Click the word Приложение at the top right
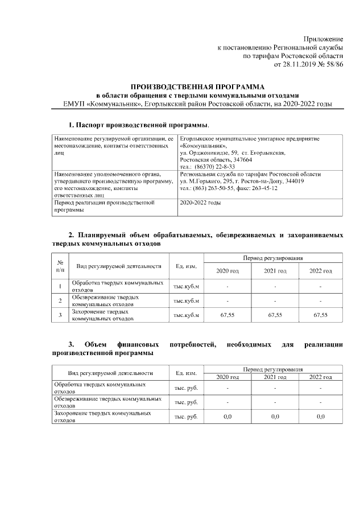click(x=323, y=38)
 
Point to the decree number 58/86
click(x=331, y=65)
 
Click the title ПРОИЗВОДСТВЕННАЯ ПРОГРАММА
click(x=196, y=85)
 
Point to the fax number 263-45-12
click(x=278, y=188)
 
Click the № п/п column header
click(x=60, y=265)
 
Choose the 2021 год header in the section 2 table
click(x=275, y=271)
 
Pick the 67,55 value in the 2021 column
click(x=275, y=315)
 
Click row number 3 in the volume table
click(x=60, y=315)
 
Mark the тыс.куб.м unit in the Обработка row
click(x=187, y=286)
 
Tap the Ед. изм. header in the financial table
click(x=187, y=373)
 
